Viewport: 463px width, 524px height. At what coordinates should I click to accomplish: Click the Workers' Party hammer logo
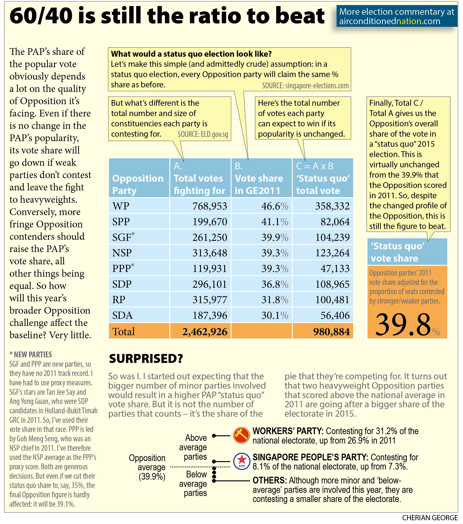click(241, 435)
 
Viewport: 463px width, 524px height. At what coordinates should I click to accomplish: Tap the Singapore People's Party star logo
click(241, 461)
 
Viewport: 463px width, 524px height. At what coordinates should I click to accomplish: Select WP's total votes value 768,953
click(209, 206)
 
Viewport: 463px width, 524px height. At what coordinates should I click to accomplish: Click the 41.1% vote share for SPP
click(275, 222)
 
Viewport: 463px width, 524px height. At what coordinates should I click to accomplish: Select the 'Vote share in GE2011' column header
click(259, 184)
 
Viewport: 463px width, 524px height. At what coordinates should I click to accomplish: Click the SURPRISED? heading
click(146, 359)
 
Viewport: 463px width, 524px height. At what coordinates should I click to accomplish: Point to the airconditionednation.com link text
click(390, 21)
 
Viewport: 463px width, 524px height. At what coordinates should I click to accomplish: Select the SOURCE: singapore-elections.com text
click(305, 86)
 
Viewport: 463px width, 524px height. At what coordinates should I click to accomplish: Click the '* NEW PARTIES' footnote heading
click(31, 355)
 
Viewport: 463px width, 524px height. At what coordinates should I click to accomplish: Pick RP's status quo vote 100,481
click(332, 300)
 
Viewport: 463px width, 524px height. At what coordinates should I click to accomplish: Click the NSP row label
click(122, 253)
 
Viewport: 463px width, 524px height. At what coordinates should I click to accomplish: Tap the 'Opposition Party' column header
click(138, 184)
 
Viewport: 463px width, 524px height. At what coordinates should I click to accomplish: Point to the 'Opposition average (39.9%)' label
click(147, 467)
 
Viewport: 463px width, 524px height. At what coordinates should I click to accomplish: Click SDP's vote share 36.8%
click(275, 284)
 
